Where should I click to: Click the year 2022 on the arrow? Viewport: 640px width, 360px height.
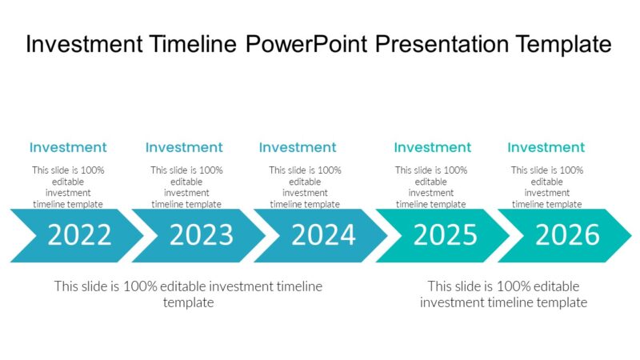79,235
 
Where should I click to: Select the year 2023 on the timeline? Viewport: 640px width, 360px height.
201,235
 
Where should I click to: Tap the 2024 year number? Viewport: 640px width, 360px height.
323,235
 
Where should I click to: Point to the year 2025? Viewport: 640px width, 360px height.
445,235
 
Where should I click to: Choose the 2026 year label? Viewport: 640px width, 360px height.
567,235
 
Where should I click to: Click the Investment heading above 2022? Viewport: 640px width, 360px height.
68,147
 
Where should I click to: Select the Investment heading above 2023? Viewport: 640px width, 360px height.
184,147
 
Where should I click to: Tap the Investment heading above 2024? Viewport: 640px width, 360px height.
298,147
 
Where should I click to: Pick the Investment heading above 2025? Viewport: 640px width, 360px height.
433,147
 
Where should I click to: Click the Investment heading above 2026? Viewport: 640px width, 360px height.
546,147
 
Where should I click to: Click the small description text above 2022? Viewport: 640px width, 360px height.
68,186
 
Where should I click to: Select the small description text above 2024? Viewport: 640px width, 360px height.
305,186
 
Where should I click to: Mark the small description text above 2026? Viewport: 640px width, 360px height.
547,186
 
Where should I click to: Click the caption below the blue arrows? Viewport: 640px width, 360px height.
188,294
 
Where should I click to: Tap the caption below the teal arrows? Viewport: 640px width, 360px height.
503,294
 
